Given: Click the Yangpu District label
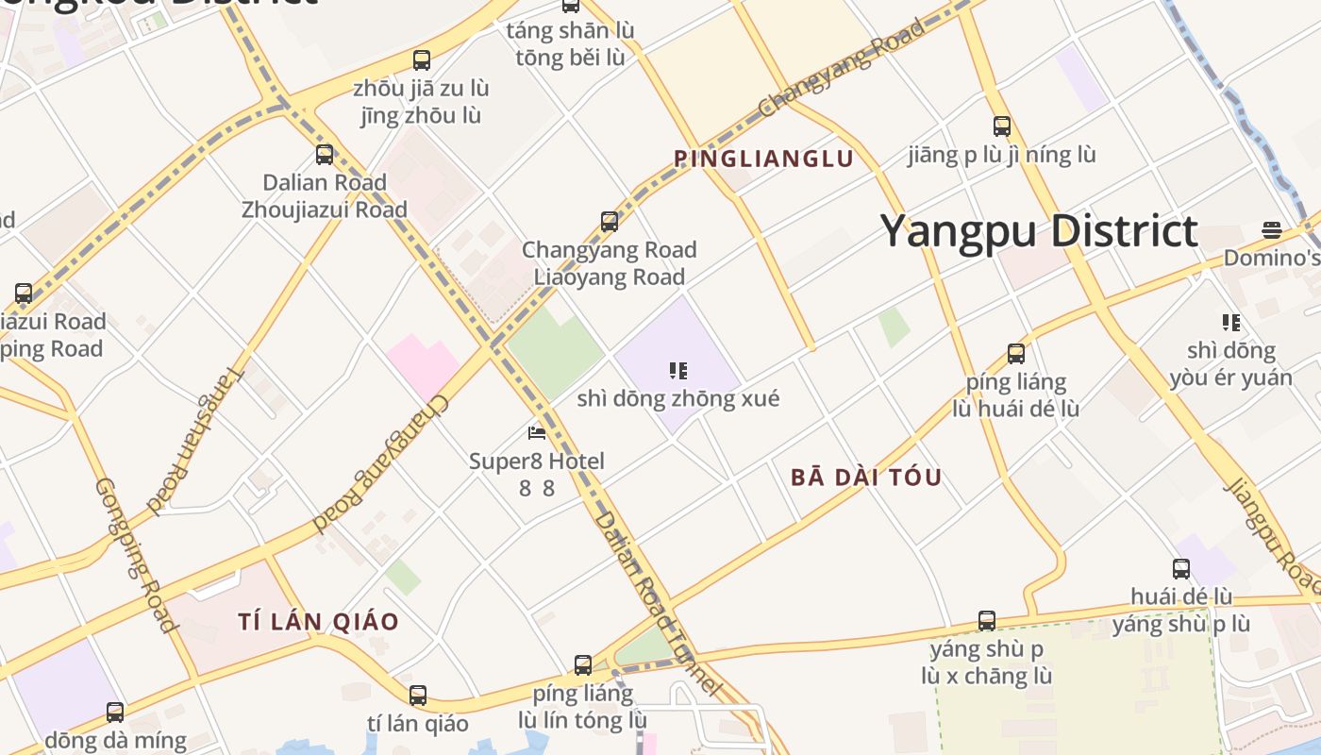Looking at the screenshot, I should [1039, 232].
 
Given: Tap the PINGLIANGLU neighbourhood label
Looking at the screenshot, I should [763, 159].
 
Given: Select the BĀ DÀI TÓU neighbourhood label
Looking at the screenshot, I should [866, 477].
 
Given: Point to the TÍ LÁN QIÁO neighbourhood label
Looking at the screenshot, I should [319, 622].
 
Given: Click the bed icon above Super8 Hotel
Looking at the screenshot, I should [537, 433].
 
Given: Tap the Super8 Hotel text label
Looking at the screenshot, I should [537, 461].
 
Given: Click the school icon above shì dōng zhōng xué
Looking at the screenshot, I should [677, 371].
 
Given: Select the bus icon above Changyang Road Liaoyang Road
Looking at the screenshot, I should [610, 222].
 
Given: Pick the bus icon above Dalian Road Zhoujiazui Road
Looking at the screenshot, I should [325, 155].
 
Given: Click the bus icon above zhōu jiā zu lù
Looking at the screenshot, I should [422, 60].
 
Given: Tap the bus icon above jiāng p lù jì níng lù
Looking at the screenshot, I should [1001, 126].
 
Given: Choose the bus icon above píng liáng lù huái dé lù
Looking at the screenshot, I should [1016, 354].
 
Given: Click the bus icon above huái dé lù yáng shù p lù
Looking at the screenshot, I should [1181, 569].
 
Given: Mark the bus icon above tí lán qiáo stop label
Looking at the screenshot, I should [418, 696].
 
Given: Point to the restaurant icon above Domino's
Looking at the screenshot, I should [1272, 230].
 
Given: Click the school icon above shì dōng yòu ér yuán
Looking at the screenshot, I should [1230, 323].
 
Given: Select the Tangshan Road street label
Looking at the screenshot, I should [195, 440].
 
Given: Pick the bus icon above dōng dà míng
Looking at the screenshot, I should [115, 713].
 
